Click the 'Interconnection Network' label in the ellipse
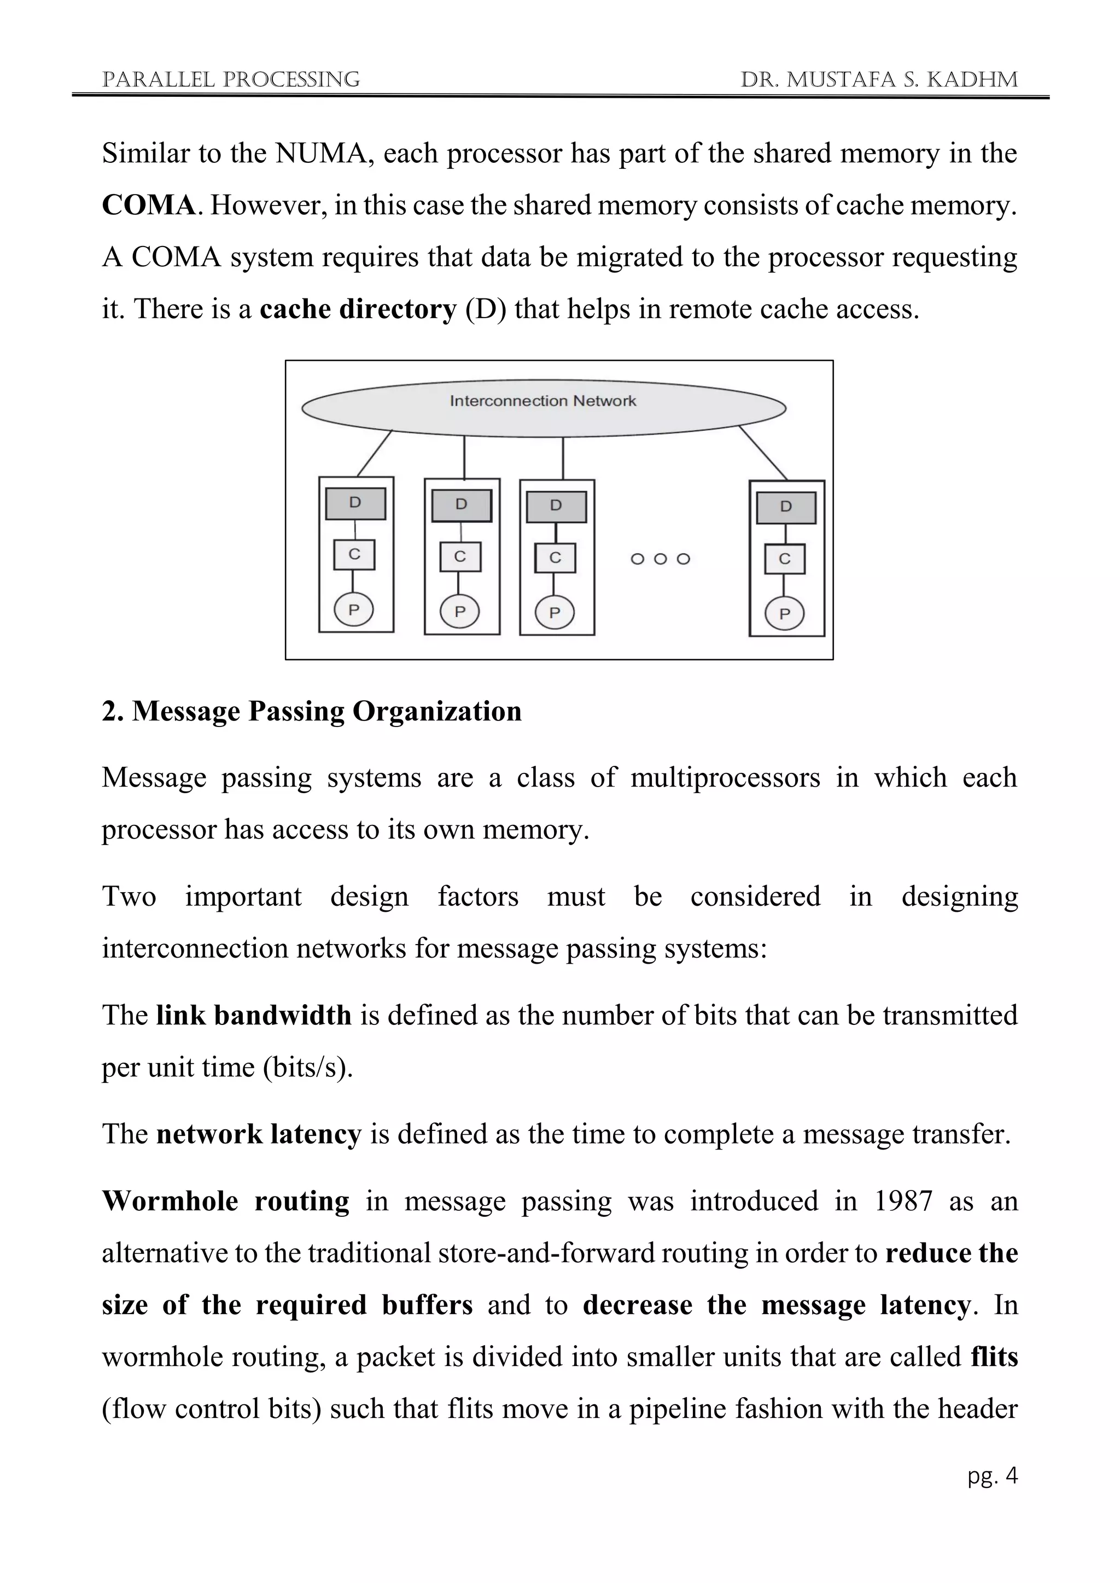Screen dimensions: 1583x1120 pos(542,401)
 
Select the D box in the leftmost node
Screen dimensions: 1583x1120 pos(355,503)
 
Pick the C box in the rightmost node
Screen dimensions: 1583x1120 pos(785,559)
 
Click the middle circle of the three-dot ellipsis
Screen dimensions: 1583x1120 pos(660,559)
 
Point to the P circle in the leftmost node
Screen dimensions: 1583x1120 pos(354,609)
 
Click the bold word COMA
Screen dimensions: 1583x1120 pos(149,206)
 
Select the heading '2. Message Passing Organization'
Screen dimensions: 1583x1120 pos(312,711)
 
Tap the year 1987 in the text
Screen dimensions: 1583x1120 pos(903,1201)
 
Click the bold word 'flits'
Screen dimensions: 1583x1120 pos(994,1356)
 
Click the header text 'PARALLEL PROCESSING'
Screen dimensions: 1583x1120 pos(231,80)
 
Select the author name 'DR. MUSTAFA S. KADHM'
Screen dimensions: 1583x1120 pos(879,80)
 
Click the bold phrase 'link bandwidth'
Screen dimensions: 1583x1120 pos(254,1016)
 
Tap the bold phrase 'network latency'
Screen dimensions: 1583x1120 pos(259,1134)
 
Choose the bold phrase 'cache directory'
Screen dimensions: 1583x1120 pos(358,309)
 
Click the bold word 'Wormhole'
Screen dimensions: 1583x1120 pos(170,1201)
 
